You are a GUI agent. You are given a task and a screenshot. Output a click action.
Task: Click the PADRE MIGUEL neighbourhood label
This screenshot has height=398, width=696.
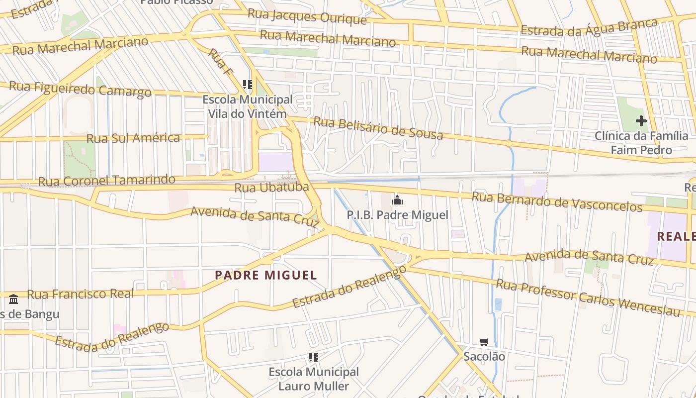[266, 275]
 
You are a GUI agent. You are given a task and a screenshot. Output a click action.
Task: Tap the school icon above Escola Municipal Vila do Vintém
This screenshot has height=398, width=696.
[247, 85]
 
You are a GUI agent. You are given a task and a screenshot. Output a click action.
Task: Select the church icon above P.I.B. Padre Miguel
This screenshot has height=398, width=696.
[397, 200]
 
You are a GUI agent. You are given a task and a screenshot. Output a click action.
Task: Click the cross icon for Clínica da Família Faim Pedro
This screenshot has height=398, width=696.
[641, 121]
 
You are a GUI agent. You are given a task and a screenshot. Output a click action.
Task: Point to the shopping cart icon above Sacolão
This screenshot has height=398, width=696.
[484, 342]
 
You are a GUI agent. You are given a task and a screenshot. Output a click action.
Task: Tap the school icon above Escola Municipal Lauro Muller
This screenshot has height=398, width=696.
[313, 357]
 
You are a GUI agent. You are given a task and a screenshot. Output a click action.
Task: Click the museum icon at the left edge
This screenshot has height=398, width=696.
[13, 299]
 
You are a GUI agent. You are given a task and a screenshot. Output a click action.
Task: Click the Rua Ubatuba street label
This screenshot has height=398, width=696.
[271, 188]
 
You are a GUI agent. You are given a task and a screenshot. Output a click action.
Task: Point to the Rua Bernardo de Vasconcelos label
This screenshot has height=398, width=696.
[557, 201]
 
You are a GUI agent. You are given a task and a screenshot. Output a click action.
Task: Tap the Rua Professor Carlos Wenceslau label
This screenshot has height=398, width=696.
[588, 298]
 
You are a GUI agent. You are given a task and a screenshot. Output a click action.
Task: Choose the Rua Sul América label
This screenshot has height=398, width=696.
[133, 138]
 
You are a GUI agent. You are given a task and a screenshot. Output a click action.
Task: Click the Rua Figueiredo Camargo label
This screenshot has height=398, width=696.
[80, 89]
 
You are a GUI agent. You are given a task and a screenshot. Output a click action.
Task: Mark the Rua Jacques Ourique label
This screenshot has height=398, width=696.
[307, 16]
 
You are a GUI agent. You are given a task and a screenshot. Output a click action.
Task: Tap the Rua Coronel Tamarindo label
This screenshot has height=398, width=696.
[106, 180]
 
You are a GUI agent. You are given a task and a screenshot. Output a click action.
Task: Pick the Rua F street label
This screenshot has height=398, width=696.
[220, 62]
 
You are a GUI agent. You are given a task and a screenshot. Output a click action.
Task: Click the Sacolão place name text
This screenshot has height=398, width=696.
[484, 356]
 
